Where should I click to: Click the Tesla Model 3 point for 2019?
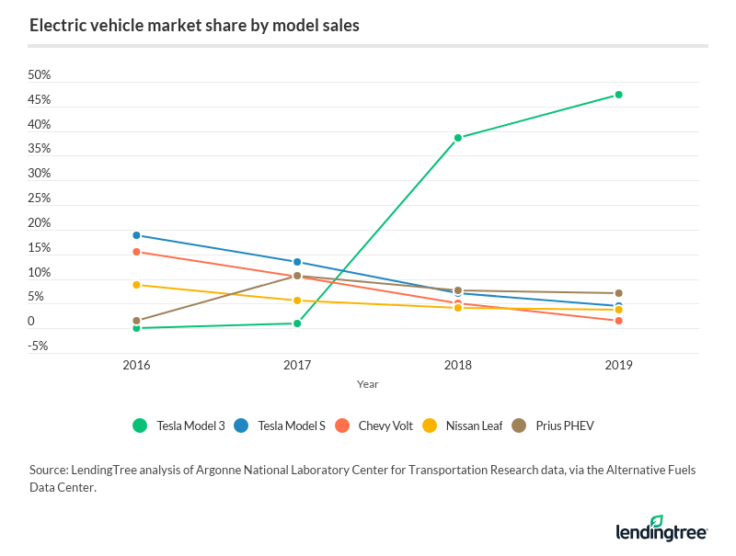619,95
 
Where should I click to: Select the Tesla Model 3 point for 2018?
458,138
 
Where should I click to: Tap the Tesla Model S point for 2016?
137,235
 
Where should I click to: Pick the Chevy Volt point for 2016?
137,252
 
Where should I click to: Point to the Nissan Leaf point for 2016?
137,285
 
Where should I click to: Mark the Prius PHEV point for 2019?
619,293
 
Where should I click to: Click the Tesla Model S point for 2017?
297,262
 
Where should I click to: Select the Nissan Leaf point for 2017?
297,301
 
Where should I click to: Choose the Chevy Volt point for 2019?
619,321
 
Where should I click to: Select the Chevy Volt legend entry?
374,426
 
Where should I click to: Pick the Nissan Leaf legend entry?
462,426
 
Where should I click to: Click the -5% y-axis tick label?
39,346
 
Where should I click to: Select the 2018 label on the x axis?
458,365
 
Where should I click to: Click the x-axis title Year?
368,384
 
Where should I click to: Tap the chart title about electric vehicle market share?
194,25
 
